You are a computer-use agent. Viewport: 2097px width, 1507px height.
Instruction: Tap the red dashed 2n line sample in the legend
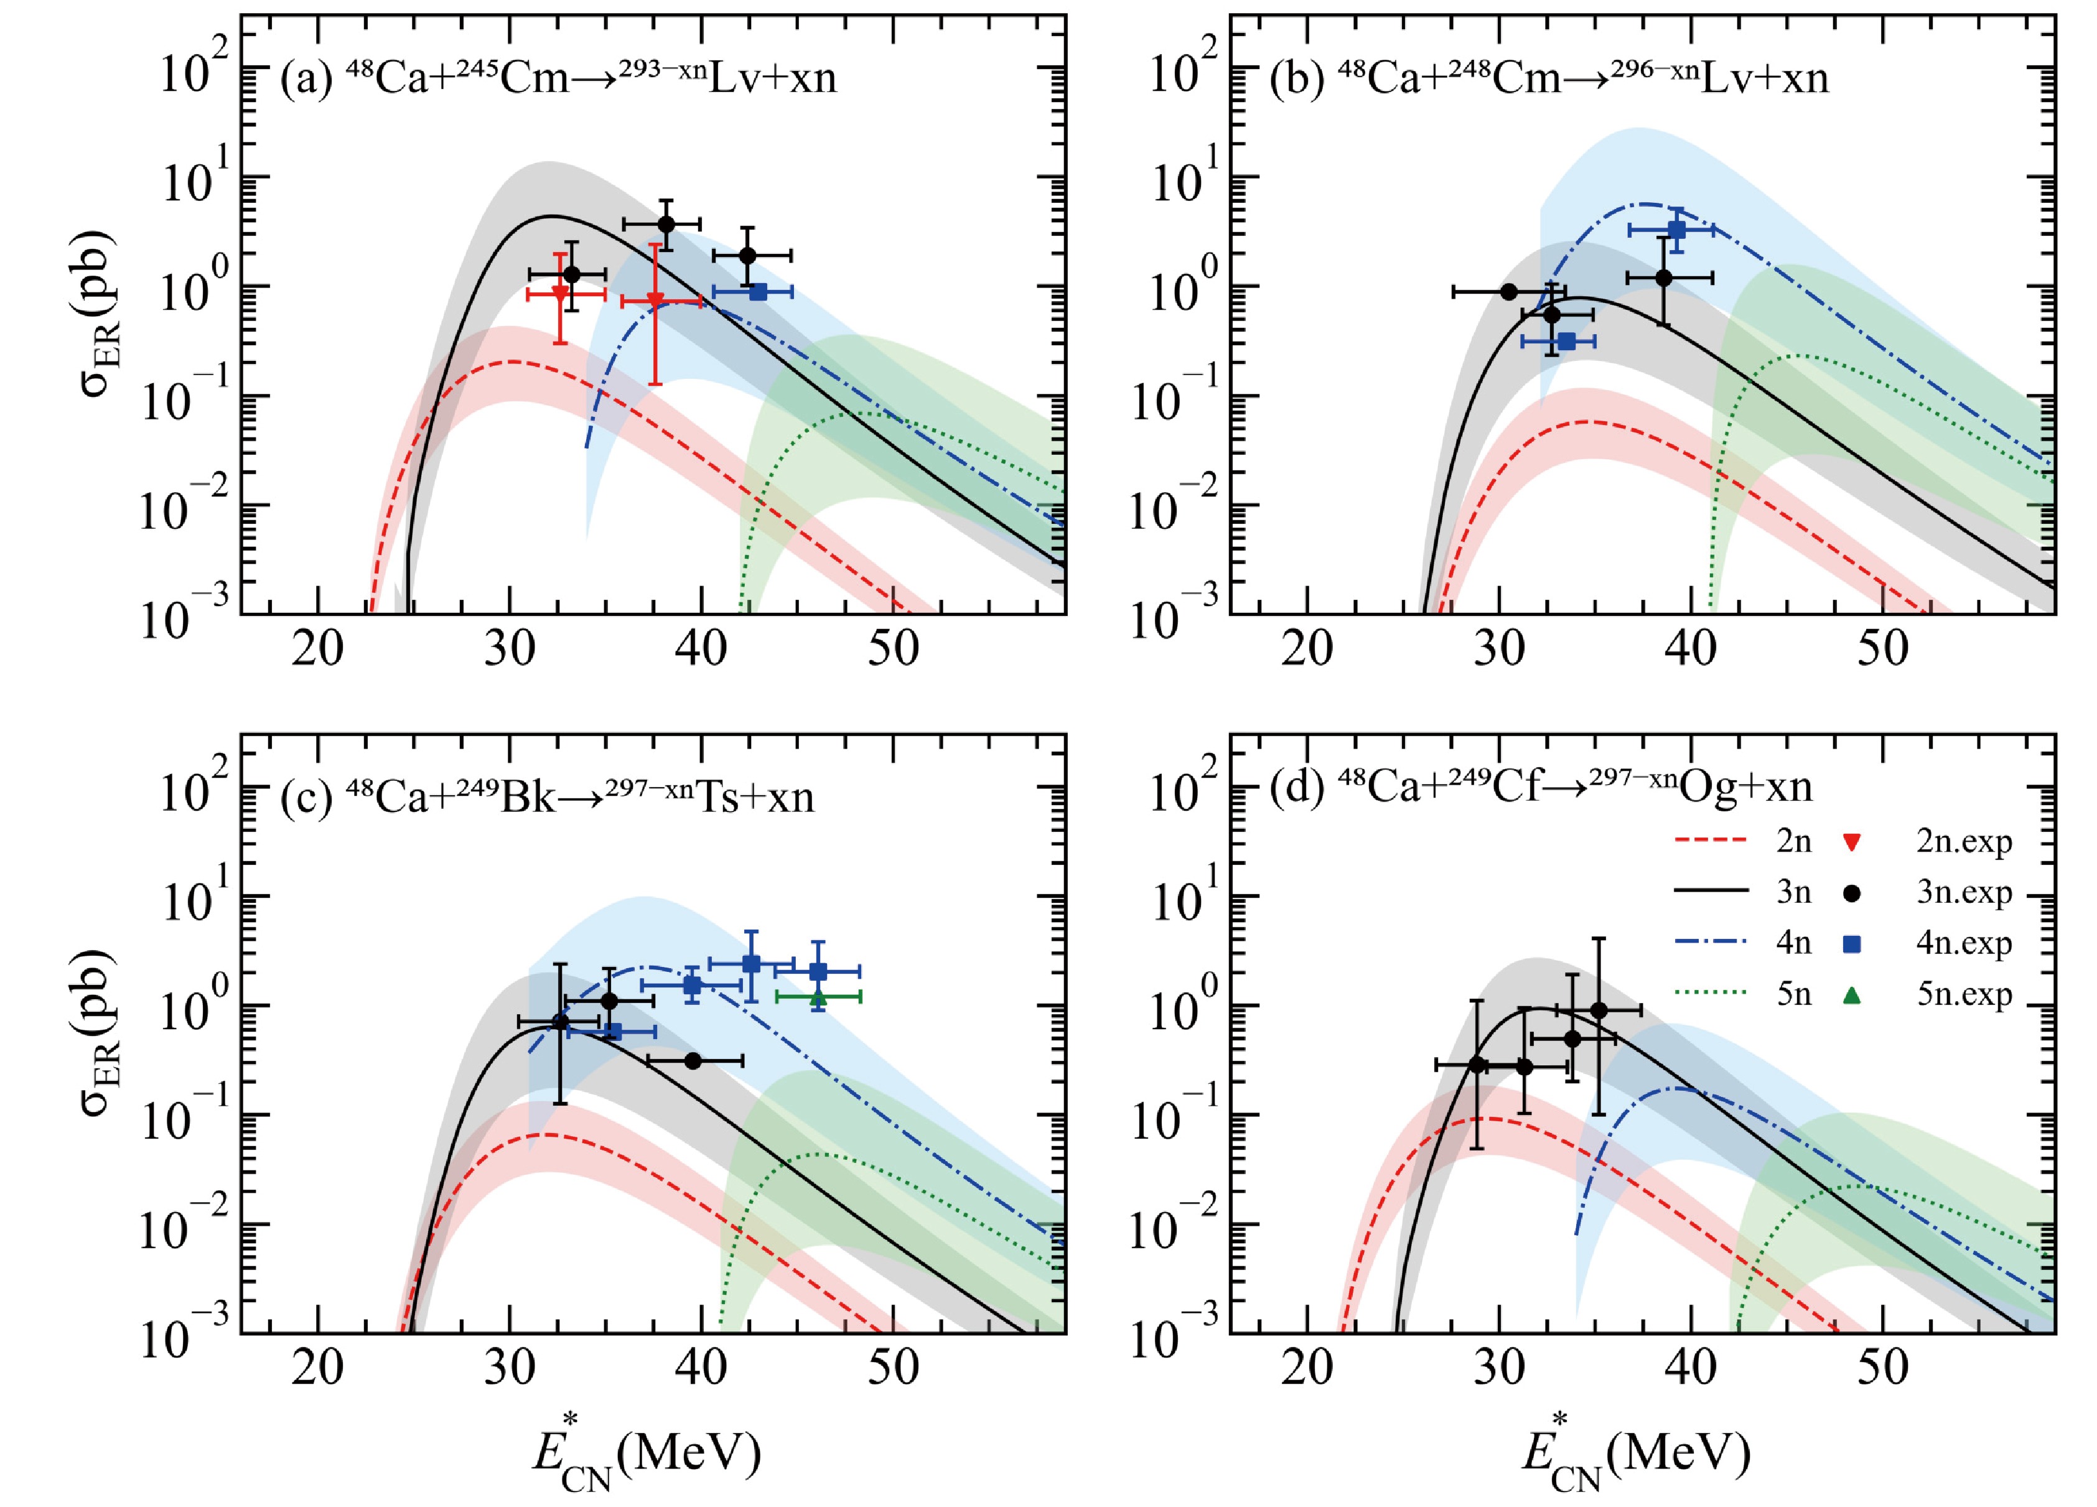[1711, 841]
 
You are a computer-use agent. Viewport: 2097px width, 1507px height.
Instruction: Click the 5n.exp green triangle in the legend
[1852, 996]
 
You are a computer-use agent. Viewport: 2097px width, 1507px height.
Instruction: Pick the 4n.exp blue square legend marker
[1852, 944]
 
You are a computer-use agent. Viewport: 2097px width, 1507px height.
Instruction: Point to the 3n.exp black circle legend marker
[1852, 893]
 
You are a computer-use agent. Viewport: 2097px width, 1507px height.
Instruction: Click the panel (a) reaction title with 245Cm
[559, 78]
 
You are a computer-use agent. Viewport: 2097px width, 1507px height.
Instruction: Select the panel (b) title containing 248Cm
[1549, 78]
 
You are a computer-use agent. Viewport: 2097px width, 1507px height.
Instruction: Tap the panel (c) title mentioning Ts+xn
[548, 797]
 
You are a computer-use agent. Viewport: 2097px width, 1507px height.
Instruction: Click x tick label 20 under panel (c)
[317, 1368]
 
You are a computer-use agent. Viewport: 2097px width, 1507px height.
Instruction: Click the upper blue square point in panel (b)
[1677, 230]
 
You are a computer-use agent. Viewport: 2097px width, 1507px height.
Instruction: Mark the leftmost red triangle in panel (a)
[559, 293]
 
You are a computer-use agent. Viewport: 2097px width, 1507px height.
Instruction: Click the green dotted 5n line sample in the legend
[1711, 996]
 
